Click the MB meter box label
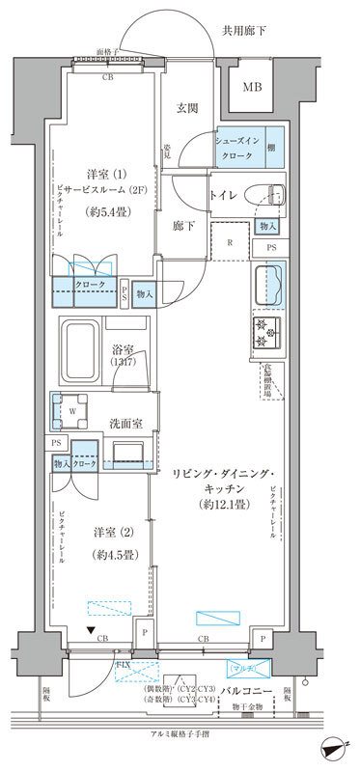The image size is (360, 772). coord(251,87)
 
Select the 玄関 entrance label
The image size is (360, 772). coord(187,108)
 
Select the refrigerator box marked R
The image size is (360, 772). coord(229,244)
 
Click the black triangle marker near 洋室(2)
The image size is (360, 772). coord(91,632)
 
